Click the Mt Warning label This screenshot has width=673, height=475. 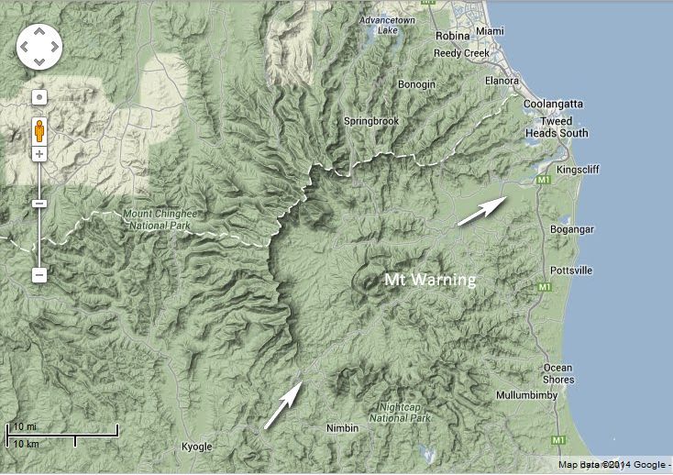[430, 279]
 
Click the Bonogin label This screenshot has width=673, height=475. [417, 84]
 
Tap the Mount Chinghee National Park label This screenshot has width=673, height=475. [156, 221]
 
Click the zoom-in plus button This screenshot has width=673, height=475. [39, 154]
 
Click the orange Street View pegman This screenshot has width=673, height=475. [39, 129]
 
